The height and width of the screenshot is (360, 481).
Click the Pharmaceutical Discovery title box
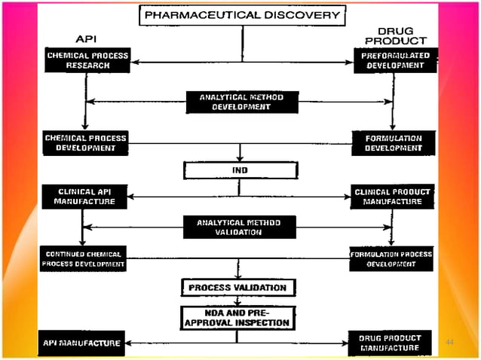coord(242,14)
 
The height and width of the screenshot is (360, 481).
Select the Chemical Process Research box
coord(87,60)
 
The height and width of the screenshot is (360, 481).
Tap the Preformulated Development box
coord(395,60)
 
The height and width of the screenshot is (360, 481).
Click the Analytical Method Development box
coord(241,102)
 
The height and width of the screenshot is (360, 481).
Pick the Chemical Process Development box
coord(85,143)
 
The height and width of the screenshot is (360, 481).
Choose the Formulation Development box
coord(393,143)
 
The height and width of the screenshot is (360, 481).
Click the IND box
coord(239,170)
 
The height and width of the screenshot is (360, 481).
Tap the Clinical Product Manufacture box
coord(392,197)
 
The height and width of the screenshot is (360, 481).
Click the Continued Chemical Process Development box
coord(84,258)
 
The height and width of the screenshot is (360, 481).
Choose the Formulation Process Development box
coord(391,258)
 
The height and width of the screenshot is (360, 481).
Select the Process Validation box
coord(237,288)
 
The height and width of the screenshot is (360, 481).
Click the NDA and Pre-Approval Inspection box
coord(237,317)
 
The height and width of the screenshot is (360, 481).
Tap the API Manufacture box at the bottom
coord(81,343)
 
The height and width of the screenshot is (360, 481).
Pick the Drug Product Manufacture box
coord(391,343)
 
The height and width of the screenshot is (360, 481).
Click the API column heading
coord(86,38)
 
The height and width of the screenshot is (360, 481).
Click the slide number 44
coord(450,343)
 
